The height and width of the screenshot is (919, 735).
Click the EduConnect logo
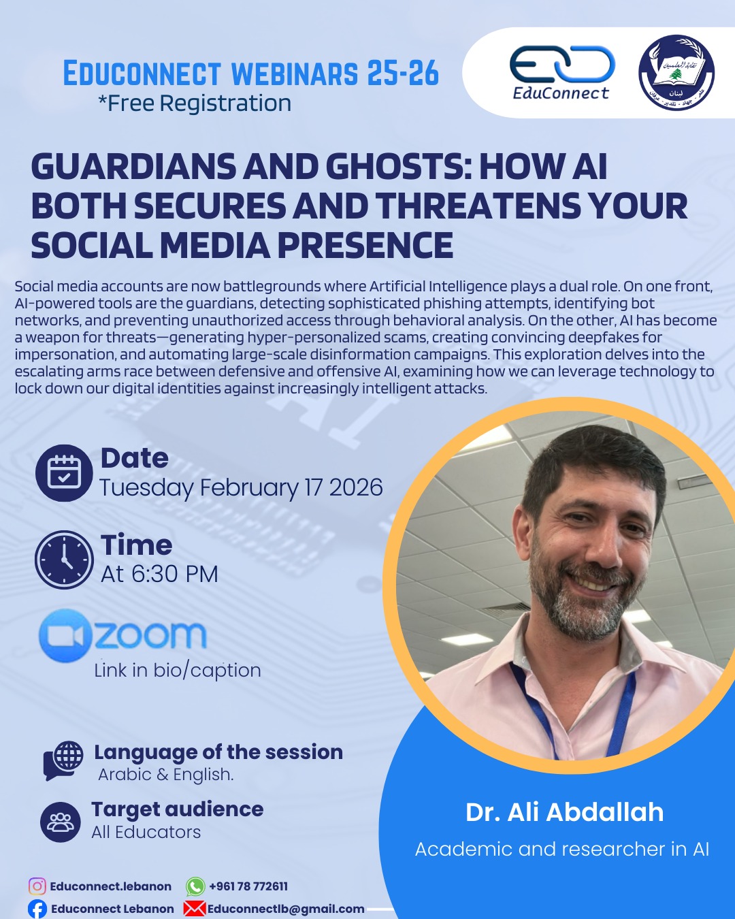(x=561, y=72)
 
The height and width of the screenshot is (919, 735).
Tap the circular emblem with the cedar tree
(x=676, y=73)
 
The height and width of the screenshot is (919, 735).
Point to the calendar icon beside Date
(x=64, y=472)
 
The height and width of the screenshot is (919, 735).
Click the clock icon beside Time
(x=64, y=560)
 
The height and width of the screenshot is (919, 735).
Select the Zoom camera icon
(x=65, y=636)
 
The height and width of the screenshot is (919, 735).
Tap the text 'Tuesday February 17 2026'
(x=241, y=487)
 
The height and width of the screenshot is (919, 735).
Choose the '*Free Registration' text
(x=195, y=103)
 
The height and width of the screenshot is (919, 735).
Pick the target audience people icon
(x=61, y=822)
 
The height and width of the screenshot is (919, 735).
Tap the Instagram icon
(x=37, y=886)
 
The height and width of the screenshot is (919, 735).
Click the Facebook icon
(x=37, y=909)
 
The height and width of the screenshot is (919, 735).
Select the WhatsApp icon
(x=195, y=886)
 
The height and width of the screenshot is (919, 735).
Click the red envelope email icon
(x=195, y=909)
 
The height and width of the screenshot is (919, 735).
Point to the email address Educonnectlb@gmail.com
(x=286, y=909)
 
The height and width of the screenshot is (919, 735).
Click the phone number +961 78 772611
(x=248, y=886)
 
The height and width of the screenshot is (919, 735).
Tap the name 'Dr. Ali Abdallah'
(x=564, y=812)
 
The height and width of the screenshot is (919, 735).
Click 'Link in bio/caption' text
(x=178, y=671)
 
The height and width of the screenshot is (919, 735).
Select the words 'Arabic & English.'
(x=166, y=775)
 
